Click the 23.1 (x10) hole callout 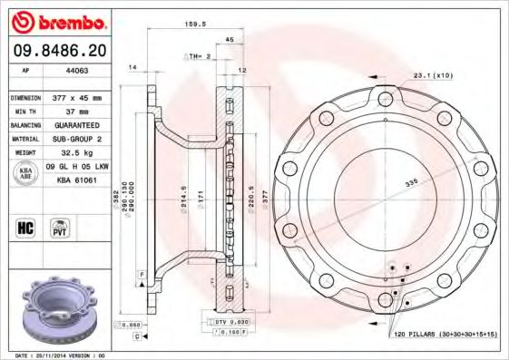point(433,75)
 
